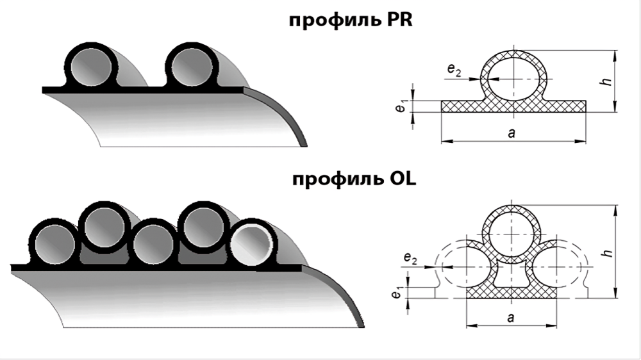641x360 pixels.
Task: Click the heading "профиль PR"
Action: pyautogui.click(x=351, y=20)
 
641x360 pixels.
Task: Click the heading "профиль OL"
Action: pyautogui.click(x=354, y=179)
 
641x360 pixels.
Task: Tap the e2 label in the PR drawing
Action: pyautogui.click(x=454, y=70)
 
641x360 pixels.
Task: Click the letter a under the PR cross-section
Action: pyautogui.click(x=511, y=133)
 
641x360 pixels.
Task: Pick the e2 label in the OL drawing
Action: pyautogui.click(x=410, y=258)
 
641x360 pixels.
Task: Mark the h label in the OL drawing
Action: pyautogui.click(x=609, y=252)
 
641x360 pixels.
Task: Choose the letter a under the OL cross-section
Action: pyautogui.click(x=511, y=317)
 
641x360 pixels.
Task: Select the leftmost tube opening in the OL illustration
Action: pyautogui.click(x=54, y=244)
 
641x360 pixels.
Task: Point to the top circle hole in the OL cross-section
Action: pyautogui.click(x=512, y=234)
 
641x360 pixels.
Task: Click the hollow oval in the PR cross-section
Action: pyautogui.click(x=513, y=79)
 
